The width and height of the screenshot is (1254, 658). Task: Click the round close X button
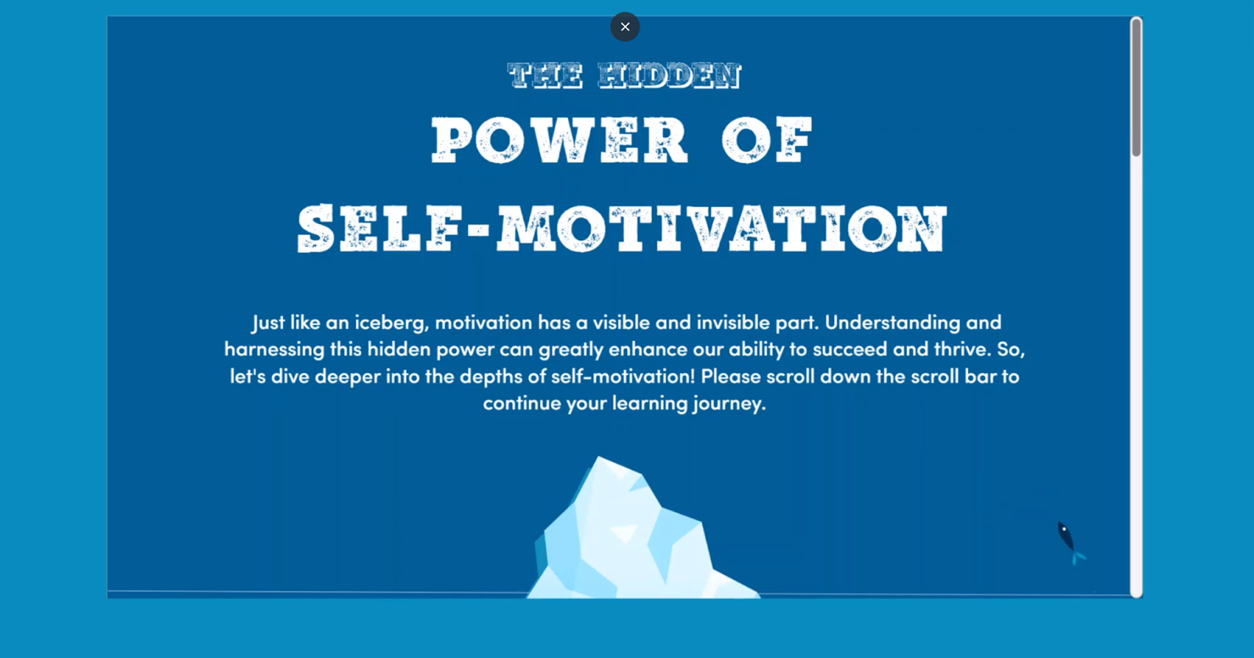tap(625, 27)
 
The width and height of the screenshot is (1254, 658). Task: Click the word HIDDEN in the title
tap(669, 75)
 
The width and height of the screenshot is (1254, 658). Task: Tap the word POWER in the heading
tap(560, 140)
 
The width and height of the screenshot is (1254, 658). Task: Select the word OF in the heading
tap(767, 140)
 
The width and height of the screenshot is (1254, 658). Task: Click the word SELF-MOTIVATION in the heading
tap(622, 228)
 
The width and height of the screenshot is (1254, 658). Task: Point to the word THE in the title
tap(545, 75)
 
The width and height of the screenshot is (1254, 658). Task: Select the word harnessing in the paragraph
tap(274, 349)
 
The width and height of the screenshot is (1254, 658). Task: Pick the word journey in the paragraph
tap(728, 403)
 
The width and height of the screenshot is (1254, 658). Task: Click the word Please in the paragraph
tap(730, 376)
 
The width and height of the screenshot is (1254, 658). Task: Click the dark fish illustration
tap(1071, 543)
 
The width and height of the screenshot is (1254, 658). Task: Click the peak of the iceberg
tap(599, 457)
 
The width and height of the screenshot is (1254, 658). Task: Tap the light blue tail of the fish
tap(1078, 558)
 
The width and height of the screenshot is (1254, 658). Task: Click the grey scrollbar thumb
tap(1136, 87)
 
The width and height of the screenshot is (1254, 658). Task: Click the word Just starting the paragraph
tap(268, 323)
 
